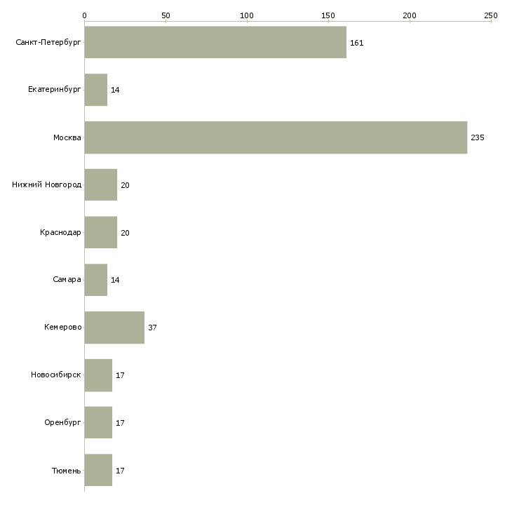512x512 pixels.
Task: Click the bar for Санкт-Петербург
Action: click(215, 42)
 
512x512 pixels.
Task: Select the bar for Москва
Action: click(276, 137)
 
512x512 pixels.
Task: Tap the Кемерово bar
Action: click(114, 328)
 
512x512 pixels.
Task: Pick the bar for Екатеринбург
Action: click(96, 90)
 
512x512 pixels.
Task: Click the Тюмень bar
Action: click(98, 470)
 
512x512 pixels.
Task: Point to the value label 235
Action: click(478, 137)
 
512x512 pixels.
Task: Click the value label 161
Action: click(357, 43)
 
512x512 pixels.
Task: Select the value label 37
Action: click(152, 328)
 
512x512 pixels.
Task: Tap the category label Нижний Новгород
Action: click(47, 185)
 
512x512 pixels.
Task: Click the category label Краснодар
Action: click(60, 233)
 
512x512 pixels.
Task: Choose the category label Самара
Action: click(67, 280)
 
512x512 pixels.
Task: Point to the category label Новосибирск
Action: click(56, 375)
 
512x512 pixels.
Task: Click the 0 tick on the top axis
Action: click(84, 15)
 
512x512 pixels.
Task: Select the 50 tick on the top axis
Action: click(166, 15)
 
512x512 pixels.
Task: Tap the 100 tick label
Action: click(247, 15)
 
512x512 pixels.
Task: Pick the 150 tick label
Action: click(328, 15)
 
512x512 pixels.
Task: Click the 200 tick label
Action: click(410, 15)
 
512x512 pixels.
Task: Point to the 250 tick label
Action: click(491, 15)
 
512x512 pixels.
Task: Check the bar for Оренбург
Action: click(98, 423)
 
